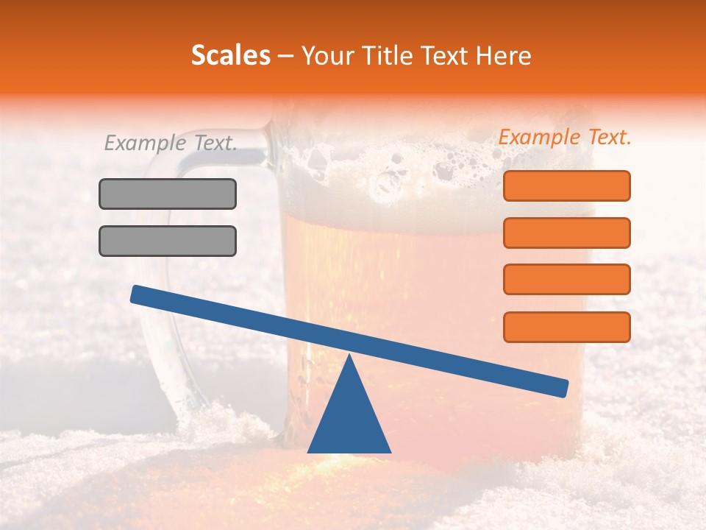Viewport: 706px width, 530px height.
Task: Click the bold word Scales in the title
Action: point(230,55)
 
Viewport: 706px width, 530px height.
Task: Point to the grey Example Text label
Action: point(171,143)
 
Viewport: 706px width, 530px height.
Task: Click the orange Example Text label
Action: point(565,137)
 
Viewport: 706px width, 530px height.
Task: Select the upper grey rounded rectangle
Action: point(168,194)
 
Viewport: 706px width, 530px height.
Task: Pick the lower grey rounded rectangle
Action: point(168,241)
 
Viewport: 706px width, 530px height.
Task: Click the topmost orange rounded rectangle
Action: point(566,185)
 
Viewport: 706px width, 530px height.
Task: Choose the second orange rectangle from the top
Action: point(566,233)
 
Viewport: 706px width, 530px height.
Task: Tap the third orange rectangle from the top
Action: point(566,280)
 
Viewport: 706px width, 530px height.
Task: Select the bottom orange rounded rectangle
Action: point(566,327)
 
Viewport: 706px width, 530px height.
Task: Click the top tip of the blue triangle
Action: point(349,356)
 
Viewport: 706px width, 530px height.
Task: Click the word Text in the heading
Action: point(442,56)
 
